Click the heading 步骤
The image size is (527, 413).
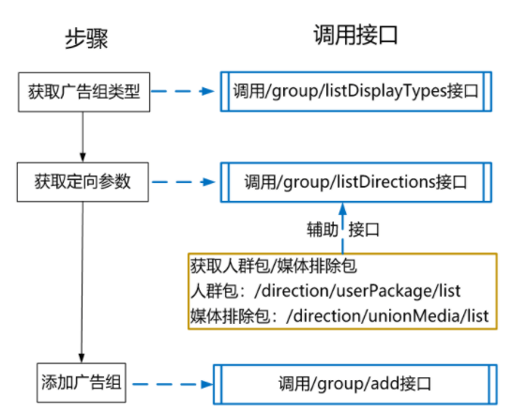tap(83, 38)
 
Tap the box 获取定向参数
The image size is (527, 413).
tap(83, 181)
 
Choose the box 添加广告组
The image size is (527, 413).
tap(83, 383)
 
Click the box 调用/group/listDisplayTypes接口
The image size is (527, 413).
tap(355, 92)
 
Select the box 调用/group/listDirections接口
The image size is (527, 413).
tap(355, 181)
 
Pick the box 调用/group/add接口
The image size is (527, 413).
tap(355, 384)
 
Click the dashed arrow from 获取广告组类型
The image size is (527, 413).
tap(184, 92)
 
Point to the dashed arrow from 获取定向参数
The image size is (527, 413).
tap(184, 181)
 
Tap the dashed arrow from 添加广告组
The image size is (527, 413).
tap(171, 384)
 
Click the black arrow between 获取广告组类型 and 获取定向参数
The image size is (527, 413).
tap(83, 135)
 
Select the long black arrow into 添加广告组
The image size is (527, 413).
tap(83, 282)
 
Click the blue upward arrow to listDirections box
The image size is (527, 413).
tap(341, 225)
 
